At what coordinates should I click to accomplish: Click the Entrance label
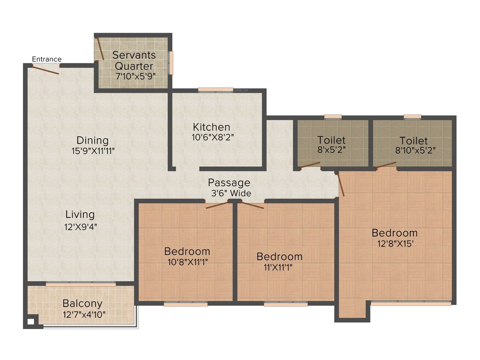coord(46,59)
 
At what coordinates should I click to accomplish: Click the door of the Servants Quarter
coord(100,49)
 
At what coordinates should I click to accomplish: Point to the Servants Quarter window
coord(171,62)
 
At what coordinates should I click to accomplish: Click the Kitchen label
coord(211,127)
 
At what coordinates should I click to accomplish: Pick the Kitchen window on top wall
coord(215,90)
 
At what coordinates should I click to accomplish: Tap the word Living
coord(80,215)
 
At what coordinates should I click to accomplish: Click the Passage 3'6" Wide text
coord(229,187)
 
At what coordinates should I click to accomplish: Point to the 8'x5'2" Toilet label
coord(331,140)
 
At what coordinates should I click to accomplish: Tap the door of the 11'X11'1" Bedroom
coord(251,204)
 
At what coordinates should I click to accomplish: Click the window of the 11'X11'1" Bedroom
coord(285,304)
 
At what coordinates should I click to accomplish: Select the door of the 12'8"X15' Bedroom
coord(341,184)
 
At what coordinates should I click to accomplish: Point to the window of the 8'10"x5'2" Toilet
coord(412,116)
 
